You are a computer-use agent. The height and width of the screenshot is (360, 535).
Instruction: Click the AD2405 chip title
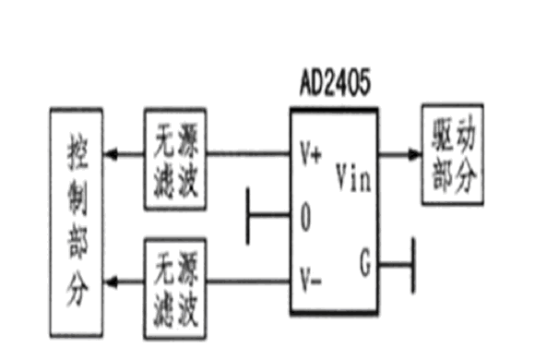click(x=335, y=82)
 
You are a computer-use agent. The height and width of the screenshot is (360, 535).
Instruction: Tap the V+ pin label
click(x=311, y=153)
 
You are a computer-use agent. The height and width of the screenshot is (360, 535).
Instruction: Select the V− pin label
click(x=311, y=281)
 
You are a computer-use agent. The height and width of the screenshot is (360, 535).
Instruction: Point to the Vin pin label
click(x=353, y=177)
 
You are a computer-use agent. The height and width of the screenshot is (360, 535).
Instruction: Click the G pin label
click(x=365, y=262)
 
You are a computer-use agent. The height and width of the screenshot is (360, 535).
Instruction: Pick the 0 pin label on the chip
click(x=305, y=217)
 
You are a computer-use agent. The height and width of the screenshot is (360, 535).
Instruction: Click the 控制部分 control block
click(x=77, y=222)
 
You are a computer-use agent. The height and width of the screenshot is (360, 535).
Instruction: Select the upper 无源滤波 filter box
click(x=175, y=159)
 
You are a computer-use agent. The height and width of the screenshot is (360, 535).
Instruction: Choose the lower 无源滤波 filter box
click(x=175, y=289)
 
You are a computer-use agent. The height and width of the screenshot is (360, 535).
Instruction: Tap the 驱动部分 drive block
click(x=453, y=154)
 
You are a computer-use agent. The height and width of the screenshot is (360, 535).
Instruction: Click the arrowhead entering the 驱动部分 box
click(x=415, y=154)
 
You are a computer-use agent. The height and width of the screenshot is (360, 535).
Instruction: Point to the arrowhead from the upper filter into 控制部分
click(x=111, y=154)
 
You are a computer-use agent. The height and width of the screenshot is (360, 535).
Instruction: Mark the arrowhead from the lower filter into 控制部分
click(x=111, y=282)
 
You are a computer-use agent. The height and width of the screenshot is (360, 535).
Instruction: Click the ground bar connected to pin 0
click(x=248, y=216)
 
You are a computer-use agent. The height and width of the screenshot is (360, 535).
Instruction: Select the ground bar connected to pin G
click(x=413, y=266)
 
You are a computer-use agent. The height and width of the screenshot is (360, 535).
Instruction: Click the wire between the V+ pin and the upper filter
click(x=248, y=154)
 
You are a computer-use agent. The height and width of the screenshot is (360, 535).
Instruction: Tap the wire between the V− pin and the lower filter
click(x=248, y=282)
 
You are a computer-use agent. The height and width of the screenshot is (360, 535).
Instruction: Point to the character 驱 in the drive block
click(x=442, y=135)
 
